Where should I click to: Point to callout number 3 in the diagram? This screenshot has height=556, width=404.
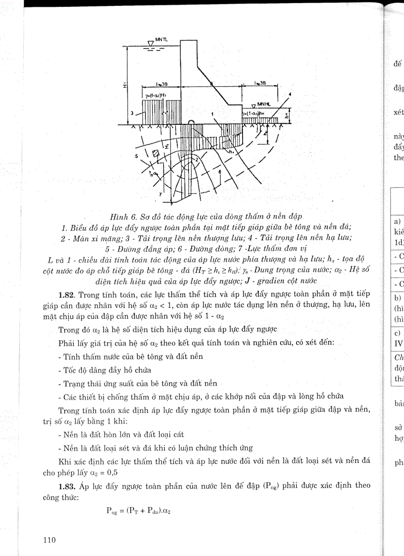131,113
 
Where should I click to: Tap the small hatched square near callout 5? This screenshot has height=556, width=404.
154,154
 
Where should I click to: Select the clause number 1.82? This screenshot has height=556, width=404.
67,295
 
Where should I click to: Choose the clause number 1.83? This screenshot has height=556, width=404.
67,485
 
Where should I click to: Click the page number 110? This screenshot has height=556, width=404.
50,540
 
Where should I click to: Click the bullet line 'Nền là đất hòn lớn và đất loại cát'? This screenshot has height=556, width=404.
121,434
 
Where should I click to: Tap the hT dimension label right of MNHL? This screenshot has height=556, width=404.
289,116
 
